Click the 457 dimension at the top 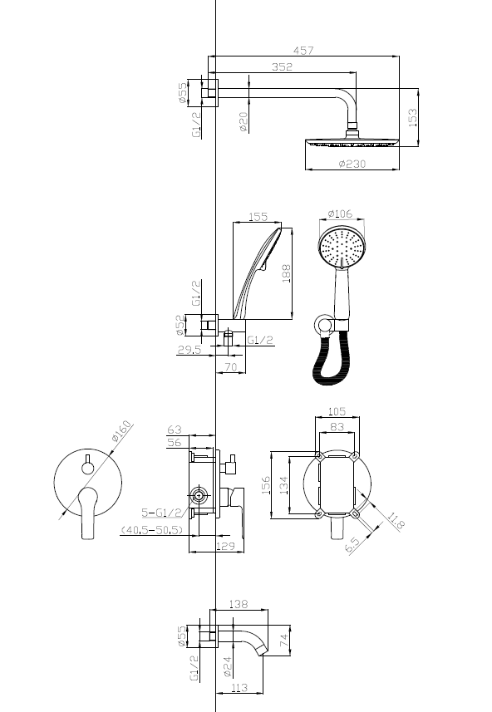click(x=303, y=51)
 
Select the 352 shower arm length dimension click(x=282, y=66)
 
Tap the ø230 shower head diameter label click(x=352, y=164)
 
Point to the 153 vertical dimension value click(x=412, y=118)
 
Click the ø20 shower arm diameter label click(x=243, y=122)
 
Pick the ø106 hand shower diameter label click(x=340, y=213)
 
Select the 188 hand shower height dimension click(x=287, y=274)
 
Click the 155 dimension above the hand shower click(x=258, y=217)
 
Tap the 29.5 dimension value click(x=189, y=349)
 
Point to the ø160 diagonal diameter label click(x=121, y=431)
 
